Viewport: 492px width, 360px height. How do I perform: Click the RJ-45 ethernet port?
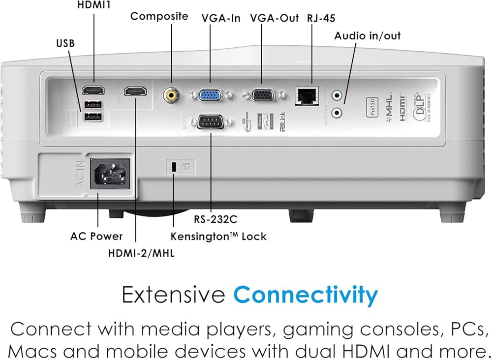pyautogui.click(x=307, y=95)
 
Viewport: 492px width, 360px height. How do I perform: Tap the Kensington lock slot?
pyautogui.click(x=173, y=167)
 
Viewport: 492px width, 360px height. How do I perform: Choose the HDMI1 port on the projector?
pyautogui.click(x=93, y=90)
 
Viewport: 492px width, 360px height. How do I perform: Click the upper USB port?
pyautogui.click(x=93, y=104)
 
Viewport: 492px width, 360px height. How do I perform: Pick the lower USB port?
pyautogui.click(x=93, y=117)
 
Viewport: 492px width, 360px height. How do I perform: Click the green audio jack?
pyautogui.click(x=337, y=113)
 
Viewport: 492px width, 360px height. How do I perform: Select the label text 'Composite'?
pyautogui.click(x=159, y=16)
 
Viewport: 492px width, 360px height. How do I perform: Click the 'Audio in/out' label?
pyautogui.click(x=367, y=36)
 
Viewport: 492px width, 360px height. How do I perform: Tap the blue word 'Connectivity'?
pyautogui.click(x=306, y=295)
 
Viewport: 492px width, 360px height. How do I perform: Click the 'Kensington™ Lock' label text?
pyautogui.click(x=218, y=236)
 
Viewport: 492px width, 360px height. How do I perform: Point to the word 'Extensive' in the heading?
pyautogui.click(x=174, y=295)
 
